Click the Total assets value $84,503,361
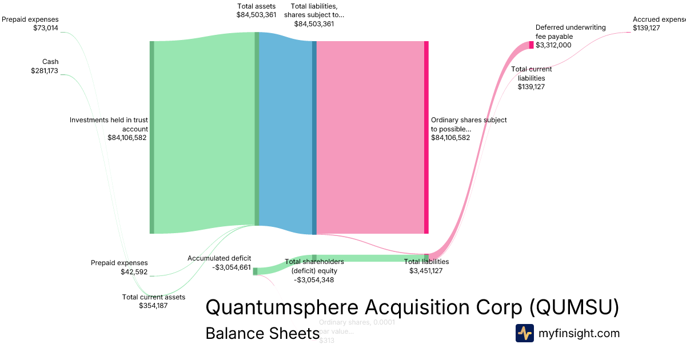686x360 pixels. (x=256, y=15)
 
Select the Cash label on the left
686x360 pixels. (x=50, y=62)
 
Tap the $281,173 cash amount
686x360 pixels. (x=45, y=71)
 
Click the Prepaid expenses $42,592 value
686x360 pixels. (x=134, y=272)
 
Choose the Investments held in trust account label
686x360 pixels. (x=109, y=125)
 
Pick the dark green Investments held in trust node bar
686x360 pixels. (x=152, y=137)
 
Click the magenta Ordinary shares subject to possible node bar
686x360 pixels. (x=426, y=137)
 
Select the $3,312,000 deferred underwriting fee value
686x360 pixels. (x=553, y=45)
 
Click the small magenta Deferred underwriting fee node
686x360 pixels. (x=531, y=45)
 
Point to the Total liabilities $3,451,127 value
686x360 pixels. (x=426, y=271)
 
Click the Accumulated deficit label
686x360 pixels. (x=219, y=258)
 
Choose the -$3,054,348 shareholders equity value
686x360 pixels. (x=314, y=280)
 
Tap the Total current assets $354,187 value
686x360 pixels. (x=153, y=306)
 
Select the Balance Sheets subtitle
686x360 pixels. (x=262, y=334)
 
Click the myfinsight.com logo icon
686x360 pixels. (x=524, y=333)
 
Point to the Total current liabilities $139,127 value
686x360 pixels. (x=532, y=87)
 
